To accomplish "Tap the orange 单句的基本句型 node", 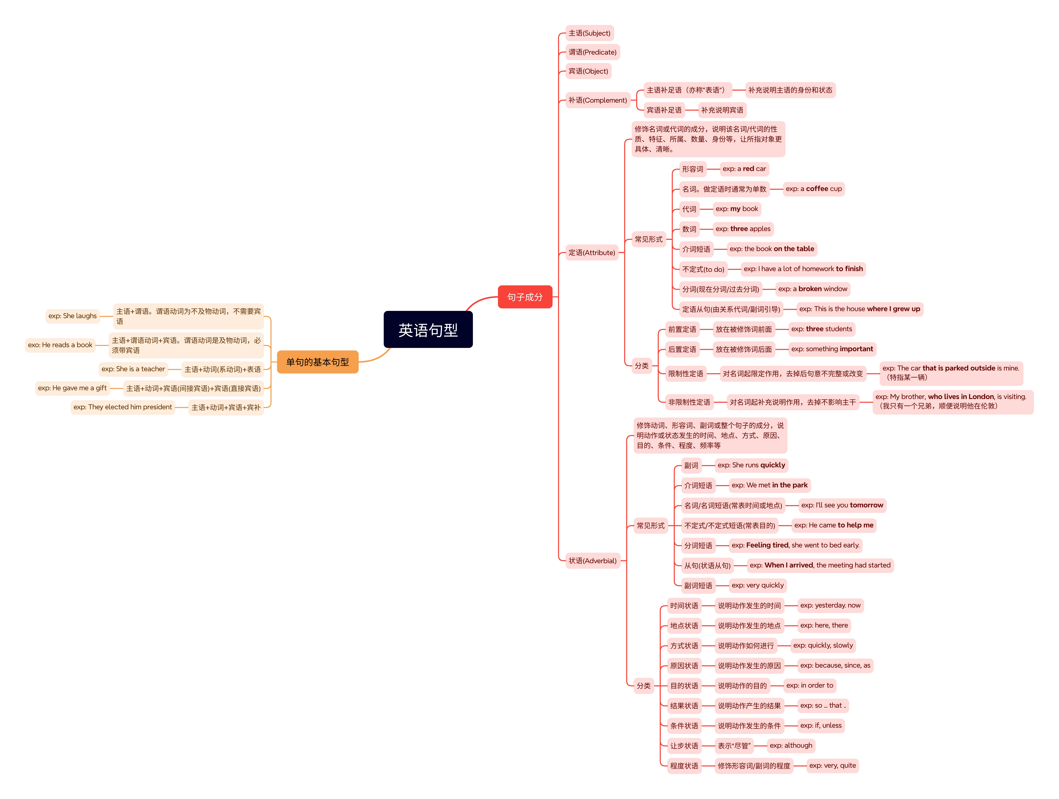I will (317, 362).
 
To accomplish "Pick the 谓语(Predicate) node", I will (592, 52).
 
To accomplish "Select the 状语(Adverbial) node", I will (592, 561).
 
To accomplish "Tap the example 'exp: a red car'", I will (744, 169).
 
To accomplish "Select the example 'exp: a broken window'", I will (812, 289).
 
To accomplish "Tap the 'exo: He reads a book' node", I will (60, 345).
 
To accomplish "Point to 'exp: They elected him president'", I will (123, 407).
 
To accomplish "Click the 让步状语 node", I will (684, 746).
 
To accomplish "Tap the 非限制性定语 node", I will (689, 402).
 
